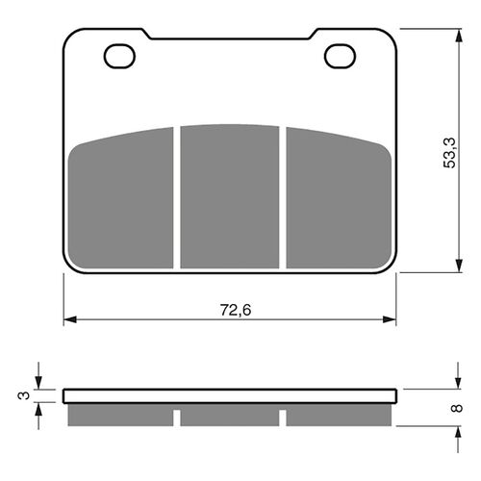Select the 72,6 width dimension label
click(236, 310)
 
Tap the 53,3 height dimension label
click(449, 153)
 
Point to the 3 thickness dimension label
click(24, 395)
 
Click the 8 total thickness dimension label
click(457, 408)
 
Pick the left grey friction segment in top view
click(121, 200)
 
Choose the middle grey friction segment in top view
click(230, 196)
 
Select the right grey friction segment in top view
click(339, 200)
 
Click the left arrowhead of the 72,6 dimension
click(70, 319)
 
